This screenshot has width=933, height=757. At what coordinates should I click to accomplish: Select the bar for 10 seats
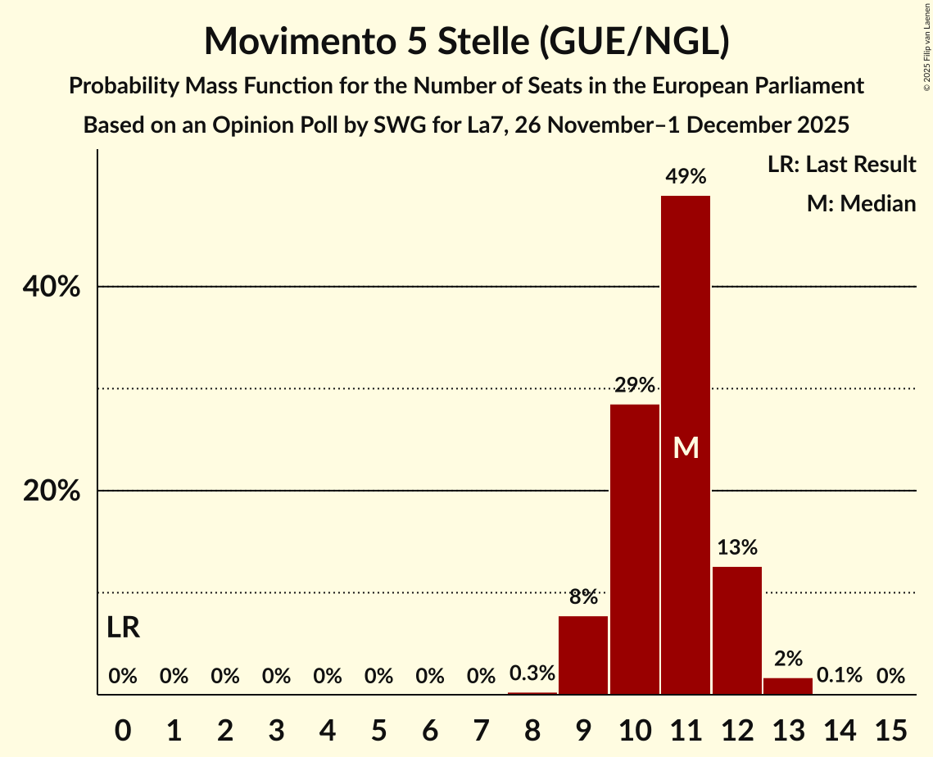coord(635,549)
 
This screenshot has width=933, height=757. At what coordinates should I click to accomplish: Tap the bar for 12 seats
coord(737,630)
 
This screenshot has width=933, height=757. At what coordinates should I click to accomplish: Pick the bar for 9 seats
coord(583,655)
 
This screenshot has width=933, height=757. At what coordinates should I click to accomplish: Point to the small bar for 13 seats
coord(788,687)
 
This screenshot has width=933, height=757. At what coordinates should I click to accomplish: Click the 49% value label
coord(686,176)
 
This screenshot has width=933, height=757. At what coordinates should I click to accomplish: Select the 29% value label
coord(635,385)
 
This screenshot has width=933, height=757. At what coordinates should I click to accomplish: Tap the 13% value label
coord(737,547)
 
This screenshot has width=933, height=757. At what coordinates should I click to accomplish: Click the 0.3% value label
coord(532,674)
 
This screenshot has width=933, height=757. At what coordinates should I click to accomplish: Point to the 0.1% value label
coord(840,676)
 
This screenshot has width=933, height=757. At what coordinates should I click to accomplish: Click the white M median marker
coord(686,448)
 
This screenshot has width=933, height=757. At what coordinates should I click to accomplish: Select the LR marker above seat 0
coord(123,628)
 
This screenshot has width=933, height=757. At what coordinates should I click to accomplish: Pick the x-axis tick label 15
coord(890,728)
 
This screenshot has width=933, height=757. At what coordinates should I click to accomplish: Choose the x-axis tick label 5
coord(378,728)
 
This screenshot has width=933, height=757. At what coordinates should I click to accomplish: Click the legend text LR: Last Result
coord(841,165)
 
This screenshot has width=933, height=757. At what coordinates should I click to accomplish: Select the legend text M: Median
coord(861,203)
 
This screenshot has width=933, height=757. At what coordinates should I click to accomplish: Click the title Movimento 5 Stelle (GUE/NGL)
coord(466,41)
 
